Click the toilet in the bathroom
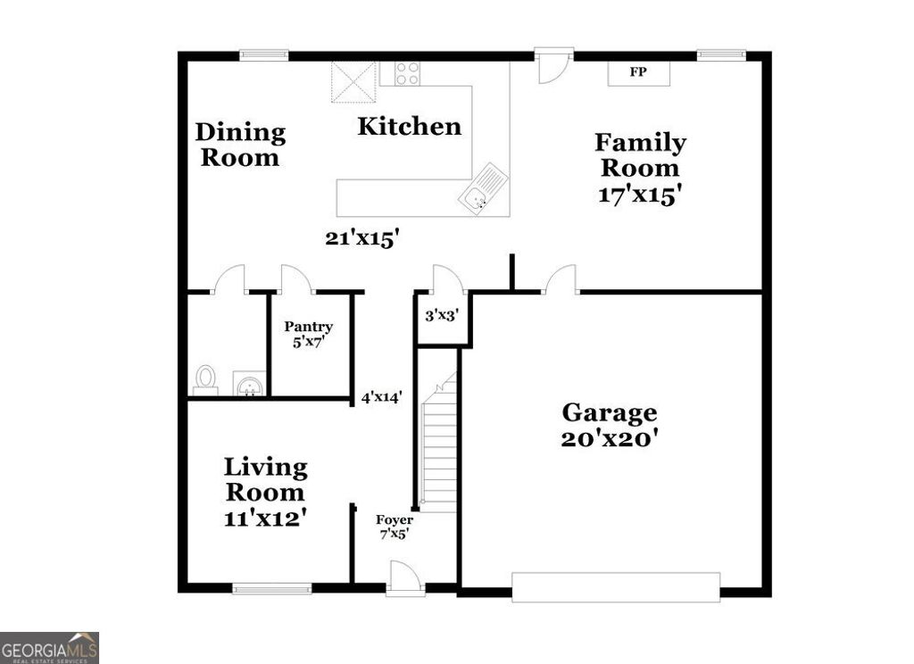[205, 379]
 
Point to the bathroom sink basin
[249, 385]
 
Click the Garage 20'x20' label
[610, 426]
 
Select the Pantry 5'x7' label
[309, 334]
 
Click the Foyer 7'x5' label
[393, 527]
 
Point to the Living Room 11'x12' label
[265, 492]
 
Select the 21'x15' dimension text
[361, 237]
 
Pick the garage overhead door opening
[616, 586]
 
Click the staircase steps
[438, 446]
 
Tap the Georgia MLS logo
[49, 647]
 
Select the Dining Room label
[240, 145]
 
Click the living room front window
[272, 588]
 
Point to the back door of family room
[553, 64]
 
